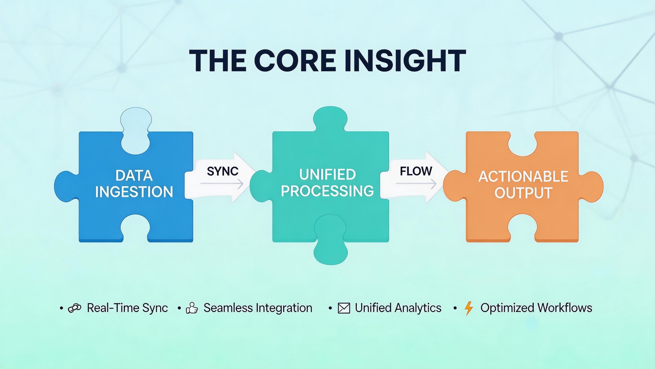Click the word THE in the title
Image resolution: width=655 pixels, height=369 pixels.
(x=218, y=60)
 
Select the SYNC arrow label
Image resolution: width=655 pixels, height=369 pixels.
(x=222, y=171)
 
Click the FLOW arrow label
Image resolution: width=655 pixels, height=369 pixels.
(x=416, y=171)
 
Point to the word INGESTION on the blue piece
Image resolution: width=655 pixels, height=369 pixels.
(x=134, y=192)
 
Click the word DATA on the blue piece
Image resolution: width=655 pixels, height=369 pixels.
(x=134, y=176)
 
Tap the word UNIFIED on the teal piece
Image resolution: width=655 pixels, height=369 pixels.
(x=327, y=175)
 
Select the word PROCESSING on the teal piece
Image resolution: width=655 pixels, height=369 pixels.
(x=327, y=191)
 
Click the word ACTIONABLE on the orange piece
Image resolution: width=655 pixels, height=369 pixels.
(x=523, y=177)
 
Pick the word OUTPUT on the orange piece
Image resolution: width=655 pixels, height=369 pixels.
(x=523, y=193)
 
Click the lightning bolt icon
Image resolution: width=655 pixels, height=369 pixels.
(x=469, y=308)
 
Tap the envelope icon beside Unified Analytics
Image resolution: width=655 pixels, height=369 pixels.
(x=344, y=308)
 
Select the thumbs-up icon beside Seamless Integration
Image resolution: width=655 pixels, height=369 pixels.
(x=192, y=308)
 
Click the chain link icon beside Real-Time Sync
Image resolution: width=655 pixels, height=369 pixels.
(x=75, y=308)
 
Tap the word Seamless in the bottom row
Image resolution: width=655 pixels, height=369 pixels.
(x=228, y=308)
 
